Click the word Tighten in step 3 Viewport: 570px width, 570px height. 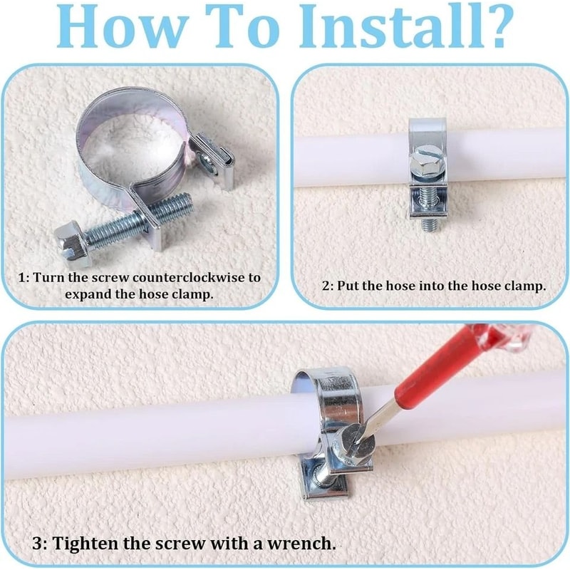click(85, 544)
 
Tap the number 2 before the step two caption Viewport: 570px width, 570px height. click(326, 286)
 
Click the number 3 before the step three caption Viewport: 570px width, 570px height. click(38, 544)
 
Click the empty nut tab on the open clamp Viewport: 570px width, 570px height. click(211, 159)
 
